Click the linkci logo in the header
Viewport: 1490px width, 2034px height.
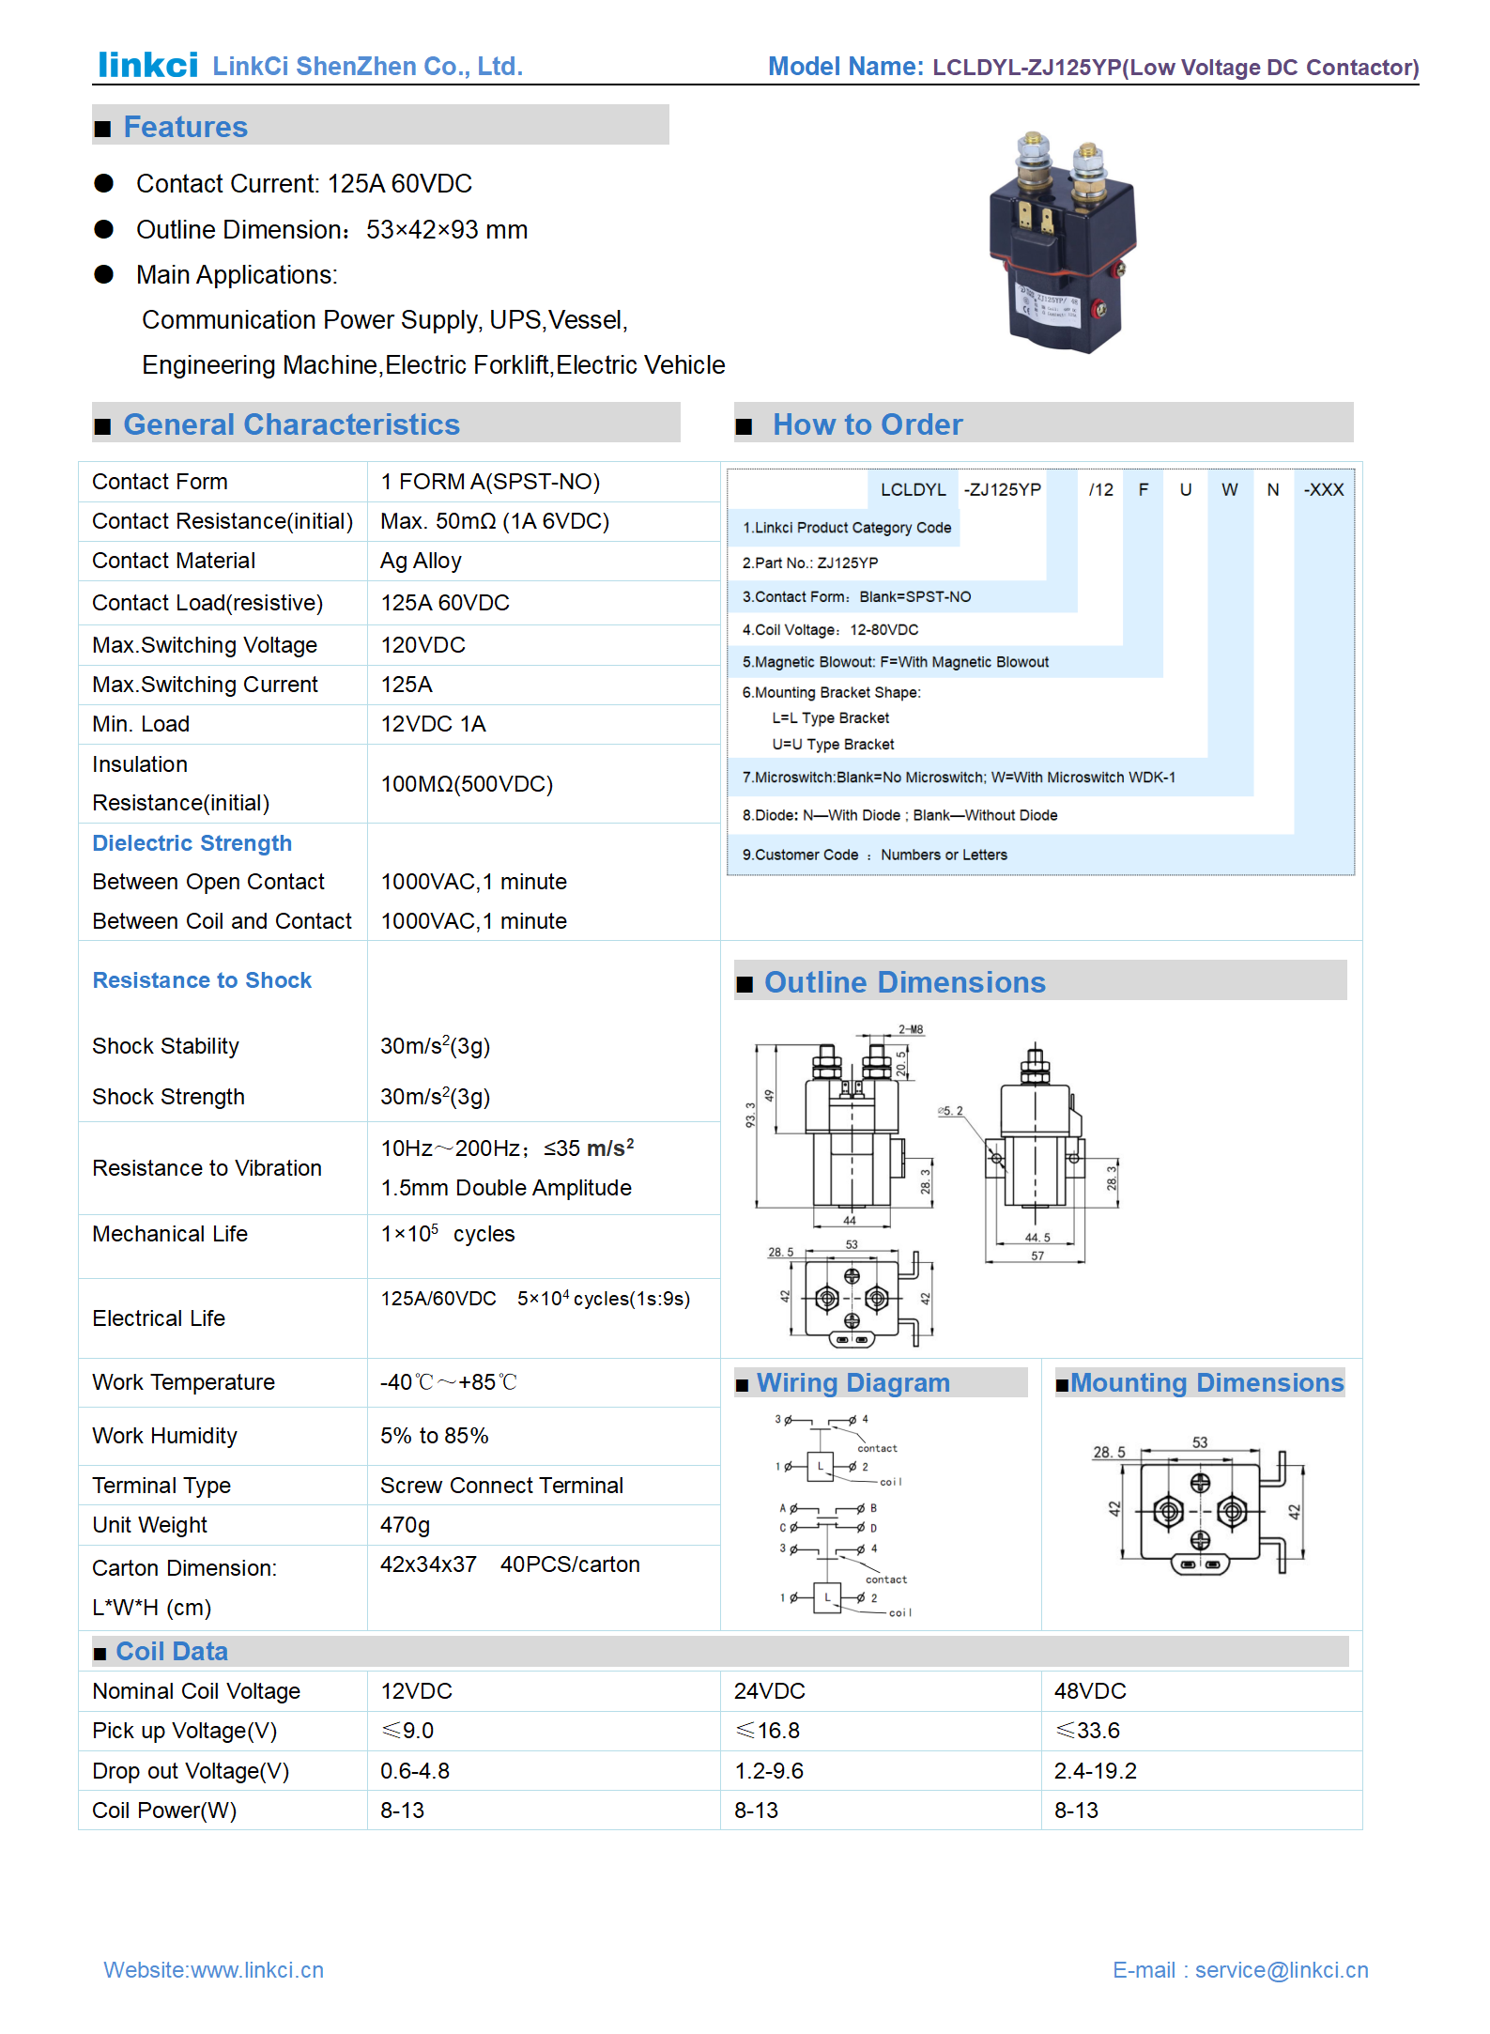tap(148, 65)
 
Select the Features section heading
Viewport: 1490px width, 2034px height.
tap(185, 127)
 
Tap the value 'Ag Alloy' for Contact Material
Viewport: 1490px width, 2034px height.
tap(421, 561)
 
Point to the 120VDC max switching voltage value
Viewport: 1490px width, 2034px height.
tap(422, 645)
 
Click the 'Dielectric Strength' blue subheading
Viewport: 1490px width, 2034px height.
tap(192, 843)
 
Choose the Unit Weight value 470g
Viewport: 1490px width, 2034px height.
tap(405, 1525)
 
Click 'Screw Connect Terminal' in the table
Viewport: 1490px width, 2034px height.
tap(501, 1486)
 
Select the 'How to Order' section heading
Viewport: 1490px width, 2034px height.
tap(867, 424)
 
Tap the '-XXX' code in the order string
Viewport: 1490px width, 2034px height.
tap(1323, 489)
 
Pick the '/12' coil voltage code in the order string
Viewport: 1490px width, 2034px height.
tap(1100, 489)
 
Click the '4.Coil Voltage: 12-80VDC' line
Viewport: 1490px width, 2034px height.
tap(830, 630)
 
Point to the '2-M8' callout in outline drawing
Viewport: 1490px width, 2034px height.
tap(911, 1030)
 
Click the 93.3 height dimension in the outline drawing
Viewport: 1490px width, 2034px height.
tap(750, 1115)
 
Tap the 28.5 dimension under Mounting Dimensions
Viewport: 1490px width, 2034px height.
tap(1109, 1453)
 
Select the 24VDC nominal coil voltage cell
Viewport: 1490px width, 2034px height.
tap(769, 1691)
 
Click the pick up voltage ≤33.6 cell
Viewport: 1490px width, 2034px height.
tap(1087, 1731)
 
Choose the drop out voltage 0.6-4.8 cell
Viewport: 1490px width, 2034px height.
tap(415, 1771)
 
